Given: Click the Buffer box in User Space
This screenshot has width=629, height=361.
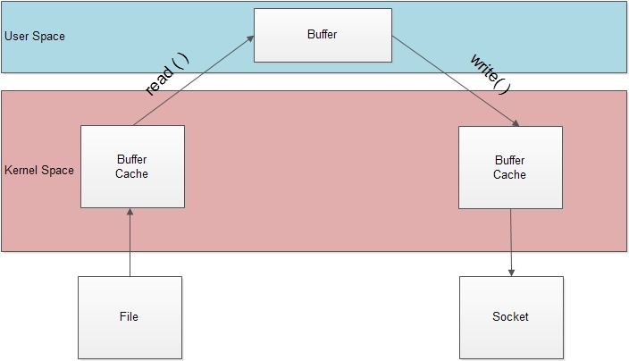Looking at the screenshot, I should [323, 35].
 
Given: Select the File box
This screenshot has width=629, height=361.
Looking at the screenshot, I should [130, 317].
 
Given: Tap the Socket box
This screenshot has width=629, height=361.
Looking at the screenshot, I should [511, 317].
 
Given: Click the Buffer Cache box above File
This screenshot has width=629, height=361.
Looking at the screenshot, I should [132, 166].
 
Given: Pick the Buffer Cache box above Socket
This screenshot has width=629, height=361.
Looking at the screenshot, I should [510, 167].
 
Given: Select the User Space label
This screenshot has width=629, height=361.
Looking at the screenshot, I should [35, 37].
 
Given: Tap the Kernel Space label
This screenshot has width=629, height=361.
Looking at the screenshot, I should [39, 170].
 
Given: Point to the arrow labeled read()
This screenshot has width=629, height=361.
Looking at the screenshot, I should [192, 81].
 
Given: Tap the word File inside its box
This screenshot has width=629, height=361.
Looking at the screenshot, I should [130, 317].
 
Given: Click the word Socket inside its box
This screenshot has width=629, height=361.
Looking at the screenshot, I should [511, 317].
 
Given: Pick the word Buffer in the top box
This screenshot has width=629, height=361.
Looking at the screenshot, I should [323, 34].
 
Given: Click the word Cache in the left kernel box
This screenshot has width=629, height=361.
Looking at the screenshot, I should [132, 173].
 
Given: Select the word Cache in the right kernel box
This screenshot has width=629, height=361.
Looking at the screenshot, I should [510, 174].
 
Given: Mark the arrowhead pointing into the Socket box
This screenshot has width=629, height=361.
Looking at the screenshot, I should [512, 272].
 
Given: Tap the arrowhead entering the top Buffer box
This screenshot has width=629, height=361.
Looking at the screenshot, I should [250, 39].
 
